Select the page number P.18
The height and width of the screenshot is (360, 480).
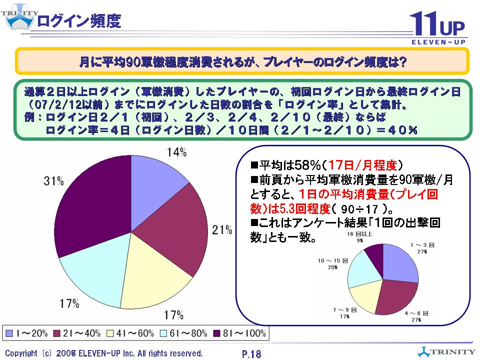point(251,354)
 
